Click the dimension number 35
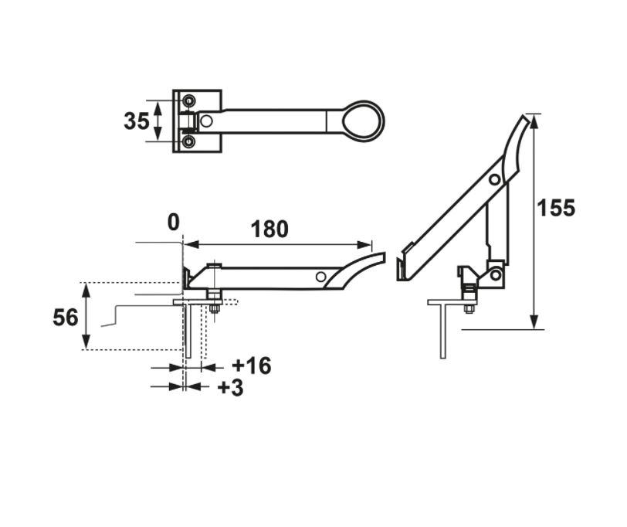(136, 121)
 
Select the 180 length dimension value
(269, 229)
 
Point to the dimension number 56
(66, 317)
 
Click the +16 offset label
(251, 365)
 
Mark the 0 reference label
(173, 223)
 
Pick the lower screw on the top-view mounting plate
(188, 142)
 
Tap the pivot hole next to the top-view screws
(206, 121)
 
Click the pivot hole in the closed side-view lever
(320, 277)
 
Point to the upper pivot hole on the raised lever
(493, 179)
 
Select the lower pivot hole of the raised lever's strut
(494, 273)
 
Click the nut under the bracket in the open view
(469, 310)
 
